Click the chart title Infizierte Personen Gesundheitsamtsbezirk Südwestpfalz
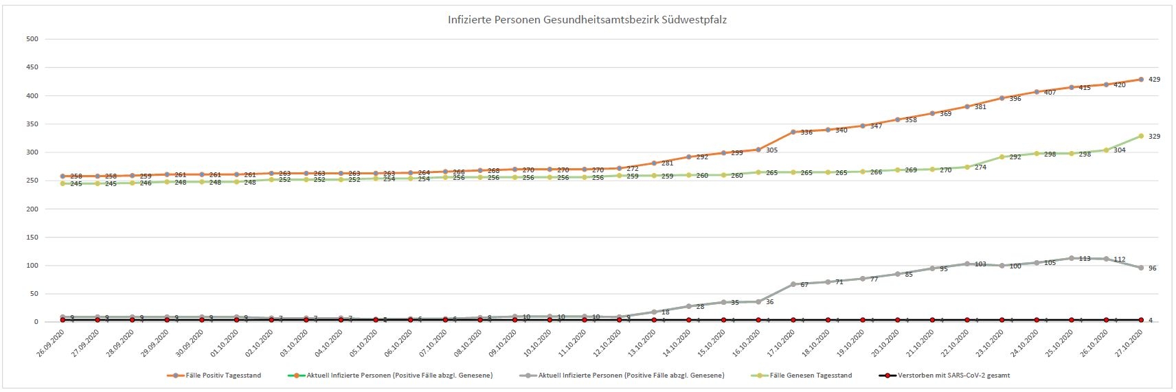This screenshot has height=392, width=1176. click(x=587, y=20)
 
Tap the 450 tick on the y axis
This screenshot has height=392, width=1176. click(x=32, y=67)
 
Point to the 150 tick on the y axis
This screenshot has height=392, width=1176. click(x=32, y=238)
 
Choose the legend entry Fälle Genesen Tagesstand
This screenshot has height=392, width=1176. click(x=811, y=376)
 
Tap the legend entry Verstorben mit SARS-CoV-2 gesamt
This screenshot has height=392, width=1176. click(x=953, y=376)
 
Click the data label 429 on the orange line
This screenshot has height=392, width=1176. click(x=1154, y=80)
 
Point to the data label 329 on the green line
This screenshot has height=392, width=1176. click(x=1154, y=137)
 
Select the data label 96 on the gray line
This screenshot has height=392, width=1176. click(x=1152, y=268)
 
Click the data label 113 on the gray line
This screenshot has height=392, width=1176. click(x=1084, y=259)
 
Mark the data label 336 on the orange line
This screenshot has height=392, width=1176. click(x=806, y=132)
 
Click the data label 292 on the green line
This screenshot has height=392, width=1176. click(x=1015, y=157)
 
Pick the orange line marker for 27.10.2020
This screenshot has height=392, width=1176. click(x=1141, y=80)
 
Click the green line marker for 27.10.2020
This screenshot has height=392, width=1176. click(x=1141, y=136)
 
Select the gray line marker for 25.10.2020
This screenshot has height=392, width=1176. click(x=1072, y=258)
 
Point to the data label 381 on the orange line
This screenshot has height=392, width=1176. click(x=980, y=107)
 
